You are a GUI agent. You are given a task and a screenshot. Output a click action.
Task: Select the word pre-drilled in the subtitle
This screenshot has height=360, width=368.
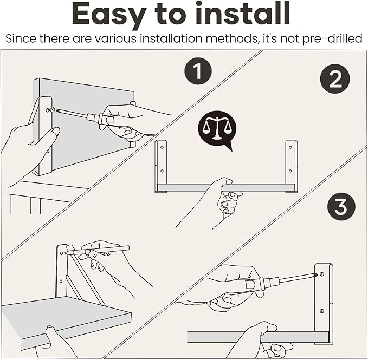click(332, 38)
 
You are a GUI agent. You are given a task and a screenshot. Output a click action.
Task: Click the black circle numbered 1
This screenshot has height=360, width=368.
click(198, 71)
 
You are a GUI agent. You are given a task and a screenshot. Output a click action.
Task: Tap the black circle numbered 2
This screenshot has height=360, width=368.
click(335, 78)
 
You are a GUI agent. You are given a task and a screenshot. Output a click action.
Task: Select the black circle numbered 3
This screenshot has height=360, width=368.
click(341, 207)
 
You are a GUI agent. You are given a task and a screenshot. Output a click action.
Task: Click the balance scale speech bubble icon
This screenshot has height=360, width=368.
click(217, 130)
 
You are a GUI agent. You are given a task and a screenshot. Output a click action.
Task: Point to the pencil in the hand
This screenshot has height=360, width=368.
click(98, 250)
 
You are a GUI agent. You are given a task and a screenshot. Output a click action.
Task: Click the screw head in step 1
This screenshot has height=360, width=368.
click(53, 109)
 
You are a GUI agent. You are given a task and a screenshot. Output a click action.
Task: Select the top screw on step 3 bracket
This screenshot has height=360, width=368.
click(322, 274)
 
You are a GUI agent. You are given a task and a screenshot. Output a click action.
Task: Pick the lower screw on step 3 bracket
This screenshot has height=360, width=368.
click(322, 311)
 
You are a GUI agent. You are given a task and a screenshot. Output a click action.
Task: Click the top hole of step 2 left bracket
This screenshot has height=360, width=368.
click(162, 147)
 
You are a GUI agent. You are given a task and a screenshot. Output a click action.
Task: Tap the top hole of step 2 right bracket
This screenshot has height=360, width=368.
click(290, 147)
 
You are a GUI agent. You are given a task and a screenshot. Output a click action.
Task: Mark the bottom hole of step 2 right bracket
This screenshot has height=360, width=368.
click(290, 171)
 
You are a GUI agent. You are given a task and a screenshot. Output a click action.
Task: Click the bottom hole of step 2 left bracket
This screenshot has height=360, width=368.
click(162, 171)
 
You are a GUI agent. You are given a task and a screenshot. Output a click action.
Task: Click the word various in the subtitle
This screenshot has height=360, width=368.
click(116, 38)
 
